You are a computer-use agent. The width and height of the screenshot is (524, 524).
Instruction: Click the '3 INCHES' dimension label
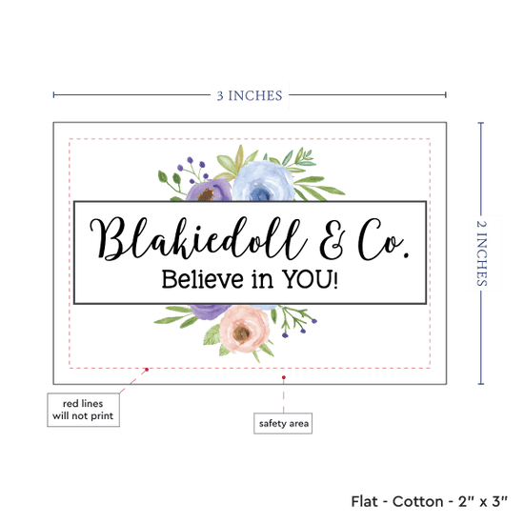(x=250, y=95)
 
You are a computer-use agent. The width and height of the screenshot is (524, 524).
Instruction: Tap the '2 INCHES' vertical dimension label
(x=481, y=253)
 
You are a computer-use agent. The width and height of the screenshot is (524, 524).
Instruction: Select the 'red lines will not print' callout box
(x=83, y=410)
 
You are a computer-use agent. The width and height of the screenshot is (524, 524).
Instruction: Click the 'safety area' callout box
(x=283, y=423)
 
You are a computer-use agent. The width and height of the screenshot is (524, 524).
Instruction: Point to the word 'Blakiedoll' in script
(x=199, y=238)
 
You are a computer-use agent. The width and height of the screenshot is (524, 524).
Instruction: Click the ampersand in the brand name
(x=333, y=240)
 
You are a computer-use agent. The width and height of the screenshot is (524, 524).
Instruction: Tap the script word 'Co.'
(x=383, y=239)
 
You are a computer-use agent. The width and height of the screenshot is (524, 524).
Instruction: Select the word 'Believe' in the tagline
(x=202, y=279)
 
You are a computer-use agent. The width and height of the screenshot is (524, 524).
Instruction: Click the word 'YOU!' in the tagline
(x=310, y=279)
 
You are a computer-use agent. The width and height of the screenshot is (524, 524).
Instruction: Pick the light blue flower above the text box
(x=263, y=181)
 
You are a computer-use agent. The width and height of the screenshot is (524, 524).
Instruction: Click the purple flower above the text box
(x=209, y=191)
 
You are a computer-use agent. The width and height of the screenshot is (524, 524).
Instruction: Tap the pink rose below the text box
(x=244, y=329)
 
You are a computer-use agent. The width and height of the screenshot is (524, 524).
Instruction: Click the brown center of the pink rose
(x=242, y=333)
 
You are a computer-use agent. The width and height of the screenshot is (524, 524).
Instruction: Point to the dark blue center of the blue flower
(x=260, y=193)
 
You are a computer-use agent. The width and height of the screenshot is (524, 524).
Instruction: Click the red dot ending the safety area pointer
(x=283, y=377)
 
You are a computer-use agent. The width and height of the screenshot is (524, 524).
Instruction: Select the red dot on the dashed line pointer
(x=147, y=370)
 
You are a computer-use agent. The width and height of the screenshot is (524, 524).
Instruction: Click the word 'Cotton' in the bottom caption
(x=417, y=501)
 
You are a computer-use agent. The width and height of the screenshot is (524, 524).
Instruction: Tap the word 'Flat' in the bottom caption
(x=364, y=501)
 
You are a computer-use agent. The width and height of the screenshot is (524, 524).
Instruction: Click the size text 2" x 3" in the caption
(x=483, y=501)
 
